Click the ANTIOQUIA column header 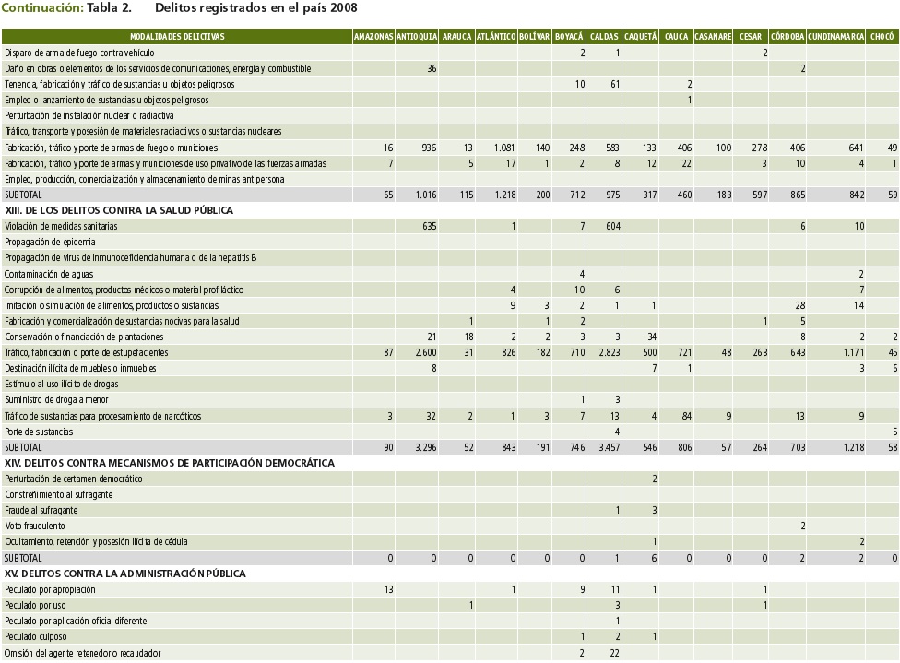point(417,37)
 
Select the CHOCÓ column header point(882,37)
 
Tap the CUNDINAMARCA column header point(836,37)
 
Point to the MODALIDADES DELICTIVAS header point(178,37)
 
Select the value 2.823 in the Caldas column point(606,352)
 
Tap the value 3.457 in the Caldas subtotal point(606,447)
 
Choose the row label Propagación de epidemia point(50,242)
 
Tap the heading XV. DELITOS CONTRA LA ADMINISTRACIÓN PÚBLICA point(125,574)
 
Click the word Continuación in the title point(41,8)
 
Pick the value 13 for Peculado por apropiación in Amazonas point(387,589)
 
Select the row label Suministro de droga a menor point(56,399)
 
